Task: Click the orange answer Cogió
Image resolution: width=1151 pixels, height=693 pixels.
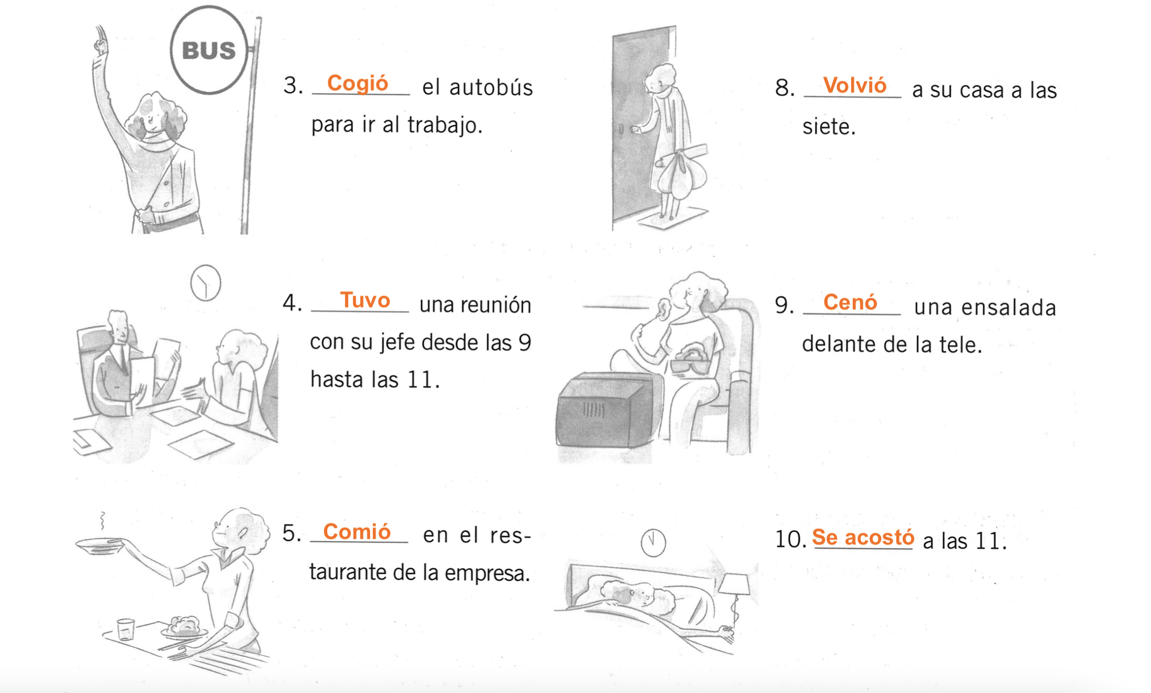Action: (357, 83)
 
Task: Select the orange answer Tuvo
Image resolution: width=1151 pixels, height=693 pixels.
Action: (365, 300)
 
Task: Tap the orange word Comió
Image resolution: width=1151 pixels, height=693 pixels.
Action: (357, 532)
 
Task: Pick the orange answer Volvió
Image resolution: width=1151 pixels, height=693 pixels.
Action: (855, 86)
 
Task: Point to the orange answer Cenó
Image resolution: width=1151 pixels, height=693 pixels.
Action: (850, 302)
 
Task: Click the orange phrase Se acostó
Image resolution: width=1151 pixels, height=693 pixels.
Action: (863, 537)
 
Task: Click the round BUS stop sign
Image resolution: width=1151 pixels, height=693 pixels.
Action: (209, 50)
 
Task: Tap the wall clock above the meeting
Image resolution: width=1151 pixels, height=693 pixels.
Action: (205, 283)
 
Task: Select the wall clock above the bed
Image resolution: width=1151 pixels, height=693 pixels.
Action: (653, 543)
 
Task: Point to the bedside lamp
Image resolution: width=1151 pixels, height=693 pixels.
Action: (734, 585)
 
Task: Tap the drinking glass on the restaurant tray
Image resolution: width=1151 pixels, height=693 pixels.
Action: (126, 629)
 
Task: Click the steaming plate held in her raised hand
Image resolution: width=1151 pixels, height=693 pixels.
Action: (99, 545)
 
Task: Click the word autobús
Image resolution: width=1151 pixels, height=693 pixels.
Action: (491, 87)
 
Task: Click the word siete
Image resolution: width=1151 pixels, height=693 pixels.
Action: (829, 127)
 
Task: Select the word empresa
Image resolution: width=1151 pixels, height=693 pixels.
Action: (487, 573)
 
